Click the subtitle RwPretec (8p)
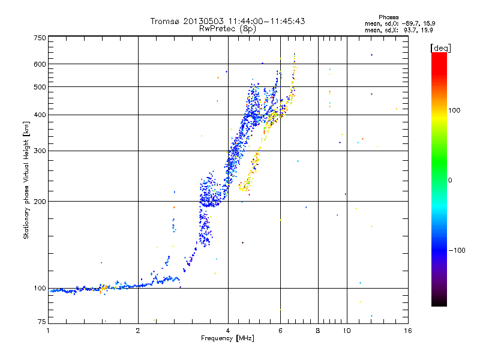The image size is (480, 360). pyautogui.click(x=227, y=28)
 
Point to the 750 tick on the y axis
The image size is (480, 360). pyautogui.click(x=40, y=37)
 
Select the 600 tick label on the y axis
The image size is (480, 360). pyautogui.click(x=40, y=64)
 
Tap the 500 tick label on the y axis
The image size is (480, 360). pyautogui.click(x=40, y=86)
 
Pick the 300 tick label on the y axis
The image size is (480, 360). pyautogui.click(x=40, y=151)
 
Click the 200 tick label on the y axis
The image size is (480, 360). pyautogui.click(x=40, y=201)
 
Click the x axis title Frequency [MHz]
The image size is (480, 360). pyautogui.click(x=227, y=338)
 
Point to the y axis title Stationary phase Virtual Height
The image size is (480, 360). pyautogui.click(x=26, y=180)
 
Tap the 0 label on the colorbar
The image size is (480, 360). pyautogui.click(x=450, y=180)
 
